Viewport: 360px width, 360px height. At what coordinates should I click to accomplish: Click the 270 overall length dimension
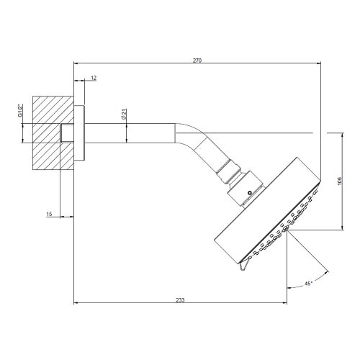coord(197,60)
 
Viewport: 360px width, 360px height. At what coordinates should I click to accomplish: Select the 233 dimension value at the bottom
coord(180,299)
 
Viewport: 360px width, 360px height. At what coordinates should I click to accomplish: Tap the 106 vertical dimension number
coord(340,182)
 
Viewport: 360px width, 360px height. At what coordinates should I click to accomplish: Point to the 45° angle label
coord(308,284)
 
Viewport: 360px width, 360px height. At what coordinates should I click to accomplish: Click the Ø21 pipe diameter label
coord(124,114)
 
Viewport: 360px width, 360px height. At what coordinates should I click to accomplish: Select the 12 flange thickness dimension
coord(94,77)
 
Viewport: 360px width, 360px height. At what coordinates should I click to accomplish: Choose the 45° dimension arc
coord(305,259)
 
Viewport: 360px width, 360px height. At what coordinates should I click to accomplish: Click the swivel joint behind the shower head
coord(241,184)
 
